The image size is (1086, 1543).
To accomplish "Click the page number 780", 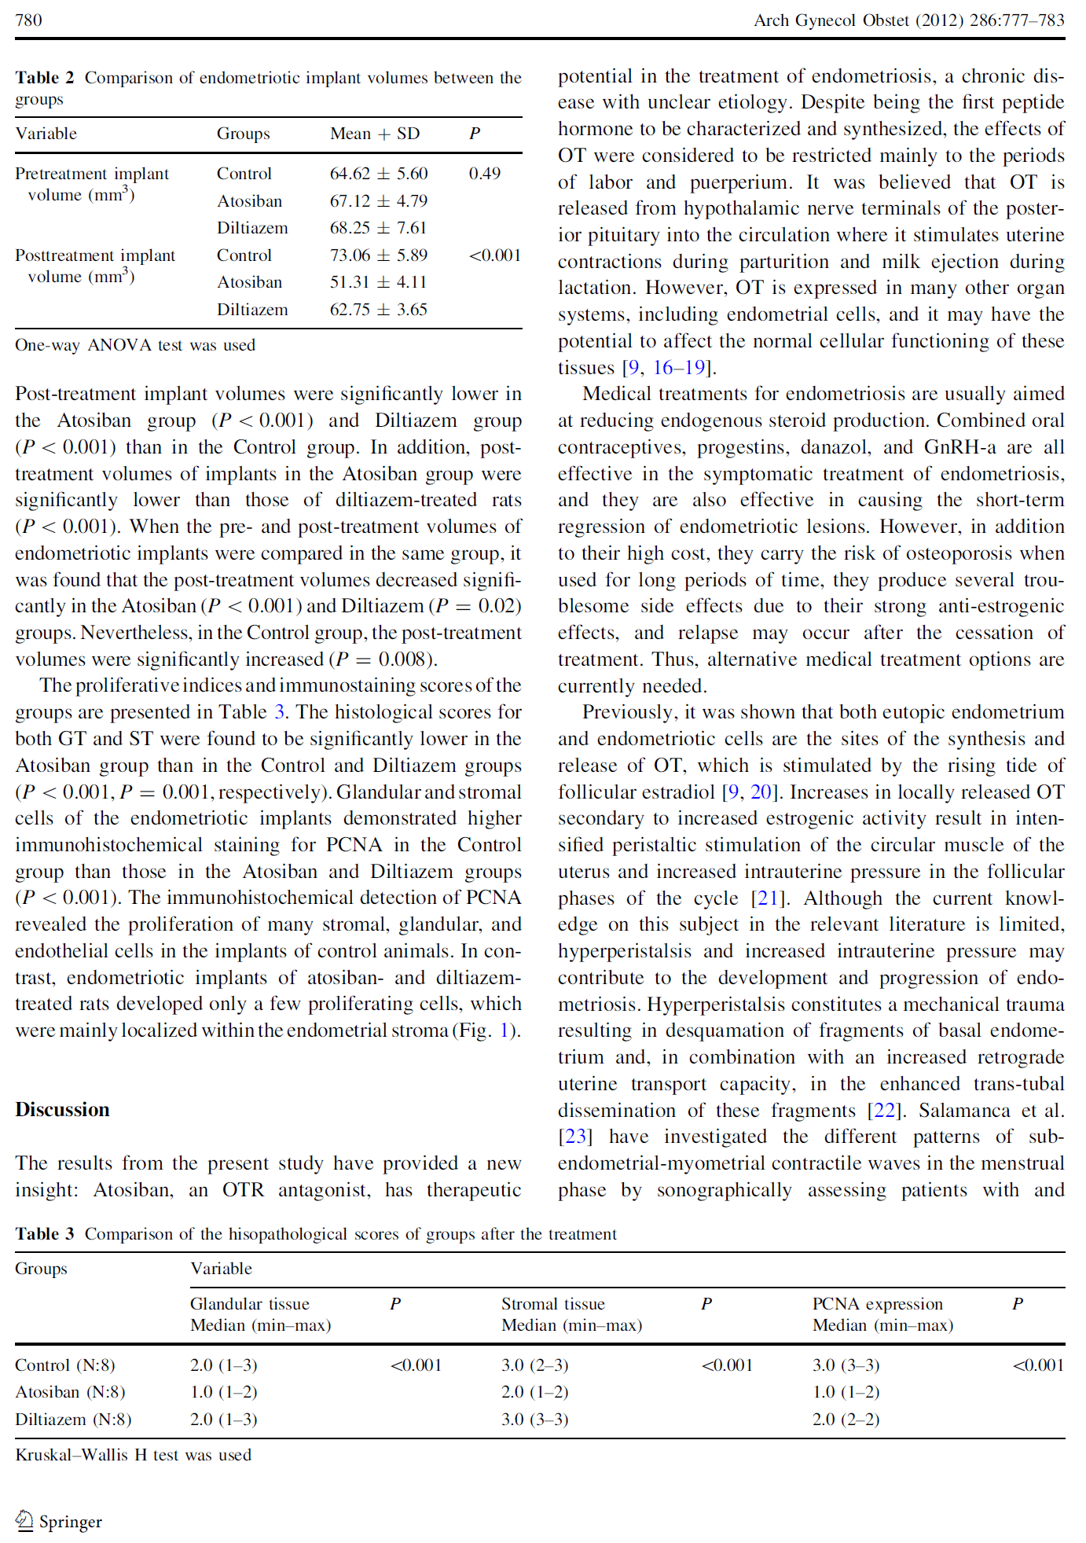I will tap(28, 20).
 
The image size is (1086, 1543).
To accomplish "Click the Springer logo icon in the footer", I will tap(24, 1521).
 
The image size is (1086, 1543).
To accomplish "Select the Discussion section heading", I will tap(62, 1109).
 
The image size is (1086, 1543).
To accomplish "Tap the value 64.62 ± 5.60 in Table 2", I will tap(379, 174).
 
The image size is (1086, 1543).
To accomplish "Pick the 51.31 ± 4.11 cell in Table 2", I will tap(378, 282).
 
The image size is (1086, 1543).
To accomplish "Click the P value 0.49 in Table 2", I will tap(485, 174).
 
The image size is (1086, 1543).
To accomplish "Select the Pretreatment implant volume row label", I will tap(91, 184).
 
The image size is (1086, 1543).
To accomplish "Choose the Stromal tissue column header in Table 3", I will tap(553, 1304).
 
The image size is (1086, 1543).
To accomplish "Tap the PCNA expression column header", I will tap(877, 1304).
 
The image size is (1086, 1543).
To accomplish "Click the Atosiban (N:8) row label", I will tap(70, 1392).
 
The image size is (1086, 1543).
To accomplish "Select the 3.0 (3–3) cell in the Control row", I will tap(846, 1365).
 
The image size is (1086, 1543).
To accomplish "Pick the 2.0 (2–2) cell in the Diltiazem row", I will tap(846, 1420).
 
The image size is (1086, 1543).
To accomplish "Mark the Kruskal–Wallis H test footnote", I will tap(133, 1455).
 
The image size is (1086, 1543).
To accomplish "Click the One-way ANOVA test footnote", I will tap(135, 345).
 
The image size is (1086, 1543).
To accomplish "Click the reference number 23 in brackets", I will tap(575, 1137).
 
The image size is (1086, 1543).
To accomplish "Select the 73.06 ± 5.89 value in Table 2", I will tap(379, 255).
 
